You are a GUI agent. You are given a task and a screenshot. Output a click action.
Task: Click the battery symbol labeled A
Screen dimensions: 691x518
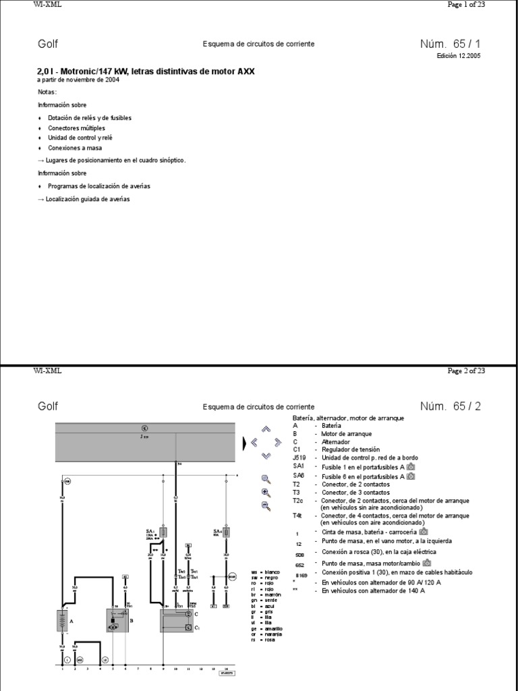point(63,620)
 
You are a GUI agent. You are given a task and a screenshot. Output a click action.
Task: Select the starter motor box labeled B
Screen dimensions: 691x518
point(118,620)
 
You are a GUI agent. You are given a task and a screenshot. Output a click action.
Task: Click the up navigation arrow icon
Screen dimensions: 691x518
point(266,429)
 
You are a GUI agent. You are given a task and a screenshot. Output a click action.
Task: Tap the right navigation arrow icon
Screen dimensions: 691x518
point(278,443)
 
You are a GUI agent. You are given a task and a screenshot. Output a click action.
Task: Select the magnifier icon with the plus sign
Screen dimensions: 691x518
point(266,493)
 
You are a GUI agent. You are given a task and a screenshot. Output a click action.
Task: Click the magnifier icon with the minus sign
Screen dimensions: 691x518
point(266,506)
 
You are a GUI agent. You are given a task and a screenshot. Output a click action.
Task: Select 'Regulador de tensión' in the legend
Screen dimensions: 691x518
point(350,449)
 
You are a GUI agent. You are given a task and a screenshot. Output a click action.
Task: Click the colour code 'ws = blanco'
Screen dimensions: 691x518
point(264,572)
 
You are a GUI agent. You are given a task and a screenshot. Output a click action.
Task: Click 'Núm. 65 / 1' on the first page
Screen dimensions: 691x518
point(451,44)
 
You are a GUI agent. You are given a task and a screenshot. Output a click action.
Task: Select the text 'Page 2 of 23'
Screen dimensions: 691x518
point(466,370)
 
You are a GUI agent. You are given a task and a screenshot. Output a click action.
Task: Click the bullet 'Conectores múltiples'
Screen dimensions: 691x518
point(76,128)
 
